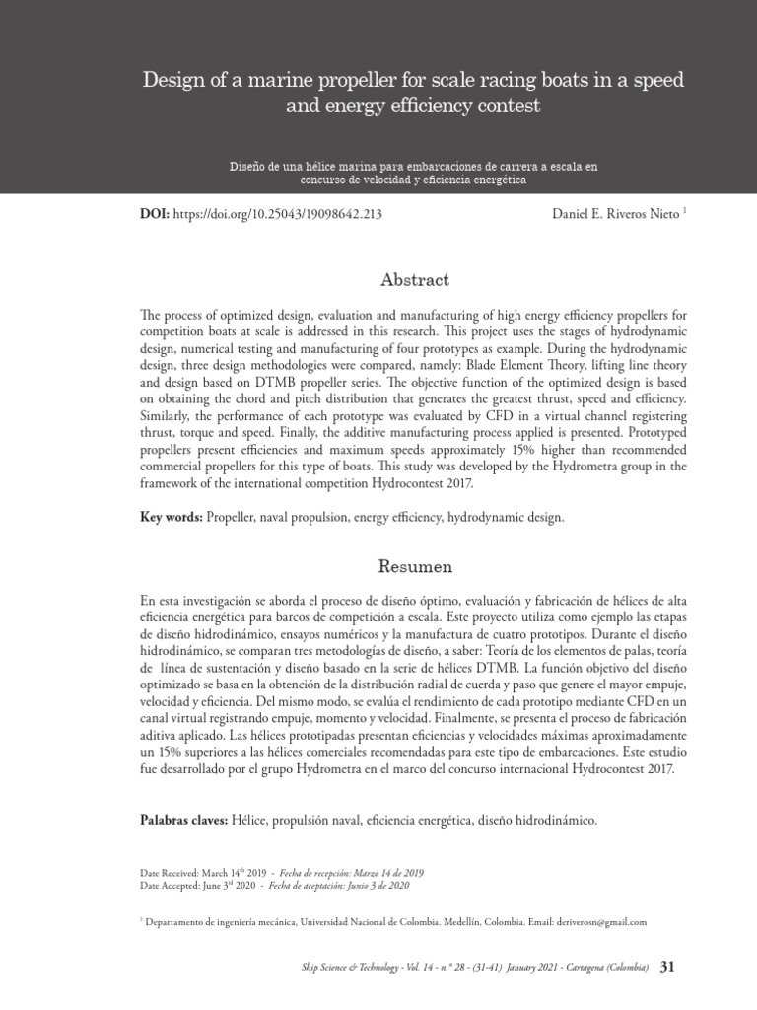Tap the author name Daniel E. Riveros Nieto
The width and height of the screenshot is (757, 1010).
point(608,212)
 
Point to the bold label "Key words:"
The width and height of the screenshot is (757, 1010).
point(172,517)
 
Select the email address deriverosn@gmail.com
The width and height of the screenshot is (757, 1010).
point(601,922)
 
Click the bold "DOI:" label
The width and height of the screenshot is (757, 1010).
point(156,212)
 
